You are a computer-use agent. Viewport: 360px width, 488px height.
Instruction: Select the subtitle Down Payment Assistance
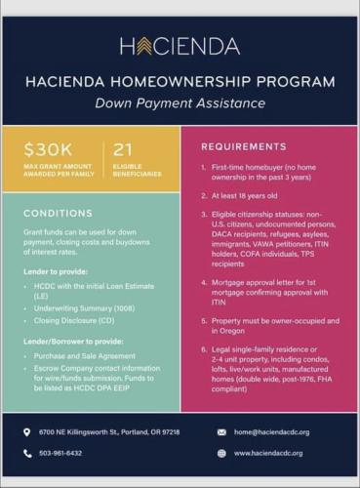180,102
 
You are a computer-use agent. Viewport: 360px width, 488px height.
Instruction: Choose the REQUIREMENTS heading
235,146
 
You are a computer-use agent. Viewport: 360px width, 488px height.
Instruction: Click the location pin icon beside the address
27,431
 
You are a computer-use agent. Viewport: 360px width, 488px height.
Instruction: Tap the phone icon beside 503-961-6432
27,453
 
